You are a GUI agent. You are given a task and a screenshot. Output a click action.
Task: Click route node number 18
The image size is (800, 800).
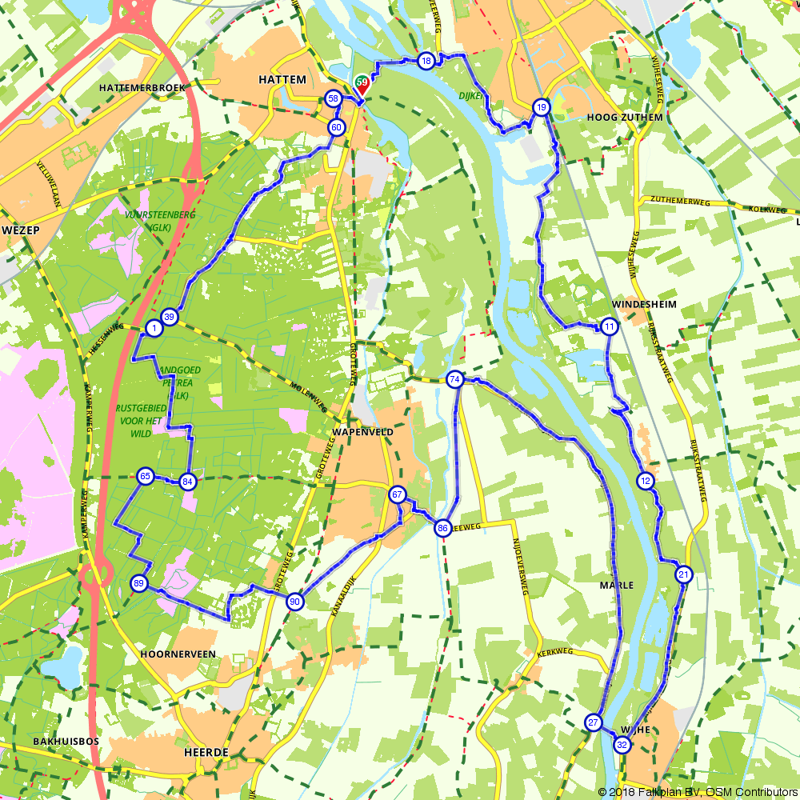tap(426, 61)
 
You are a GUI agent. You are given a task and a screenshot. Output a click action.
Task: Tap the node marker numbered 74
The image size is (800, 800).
tap(455, 380)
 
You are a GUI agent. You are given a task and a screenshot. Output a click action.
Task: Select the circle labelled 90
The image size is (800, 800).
tap(294, 602)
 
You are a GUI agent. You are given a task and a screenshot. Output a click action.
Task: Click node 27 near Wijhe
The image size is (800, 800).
tap(593, 722)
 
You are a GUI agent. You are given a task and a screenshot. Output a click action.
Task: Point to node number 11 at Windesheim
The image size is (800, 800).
tap(609, 326)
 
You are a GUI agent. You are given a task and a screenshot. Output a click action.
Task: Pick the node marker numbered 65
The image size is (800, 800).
tap(145, 477)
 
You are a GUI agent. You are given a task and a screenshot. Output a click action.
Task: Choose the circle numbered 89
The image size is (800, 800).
tap(139, 585)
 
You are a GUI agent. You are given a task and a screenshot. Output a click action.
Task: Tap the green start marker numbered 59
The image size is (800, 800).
tap(362, 82)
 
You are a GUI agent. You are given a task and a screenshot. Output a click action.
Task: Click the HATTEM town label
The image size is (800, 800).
tap(282, 80)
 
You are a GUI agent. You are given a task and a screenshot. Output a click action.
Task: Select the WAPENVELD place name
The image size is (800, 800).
tap(362, 431)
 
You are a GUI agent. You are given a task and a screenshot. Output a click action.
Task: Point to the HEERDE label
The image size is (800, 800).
tap(206, 753)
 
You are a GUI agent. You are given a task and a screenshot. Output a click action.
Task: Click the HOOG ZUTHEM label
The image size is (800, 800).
tap(625, 117)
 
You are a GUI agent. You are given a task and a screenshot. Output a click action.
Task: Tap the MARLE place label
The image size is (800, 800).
tap(616, 586)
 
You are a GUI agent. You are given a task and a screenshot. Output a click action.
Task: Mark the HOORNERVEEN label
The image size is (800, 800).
tap(178, 654)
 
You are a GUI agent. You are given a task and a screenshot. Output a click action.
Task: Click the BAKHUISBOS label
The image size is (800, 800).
tap(66, 742)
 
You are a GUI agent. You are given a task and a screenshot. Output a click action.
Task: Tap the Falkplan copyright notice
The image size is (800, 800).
tap(697, 792)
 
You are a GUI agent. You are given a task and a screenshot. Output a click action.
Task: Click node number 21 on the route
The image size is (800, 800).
tap(683, 574)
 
